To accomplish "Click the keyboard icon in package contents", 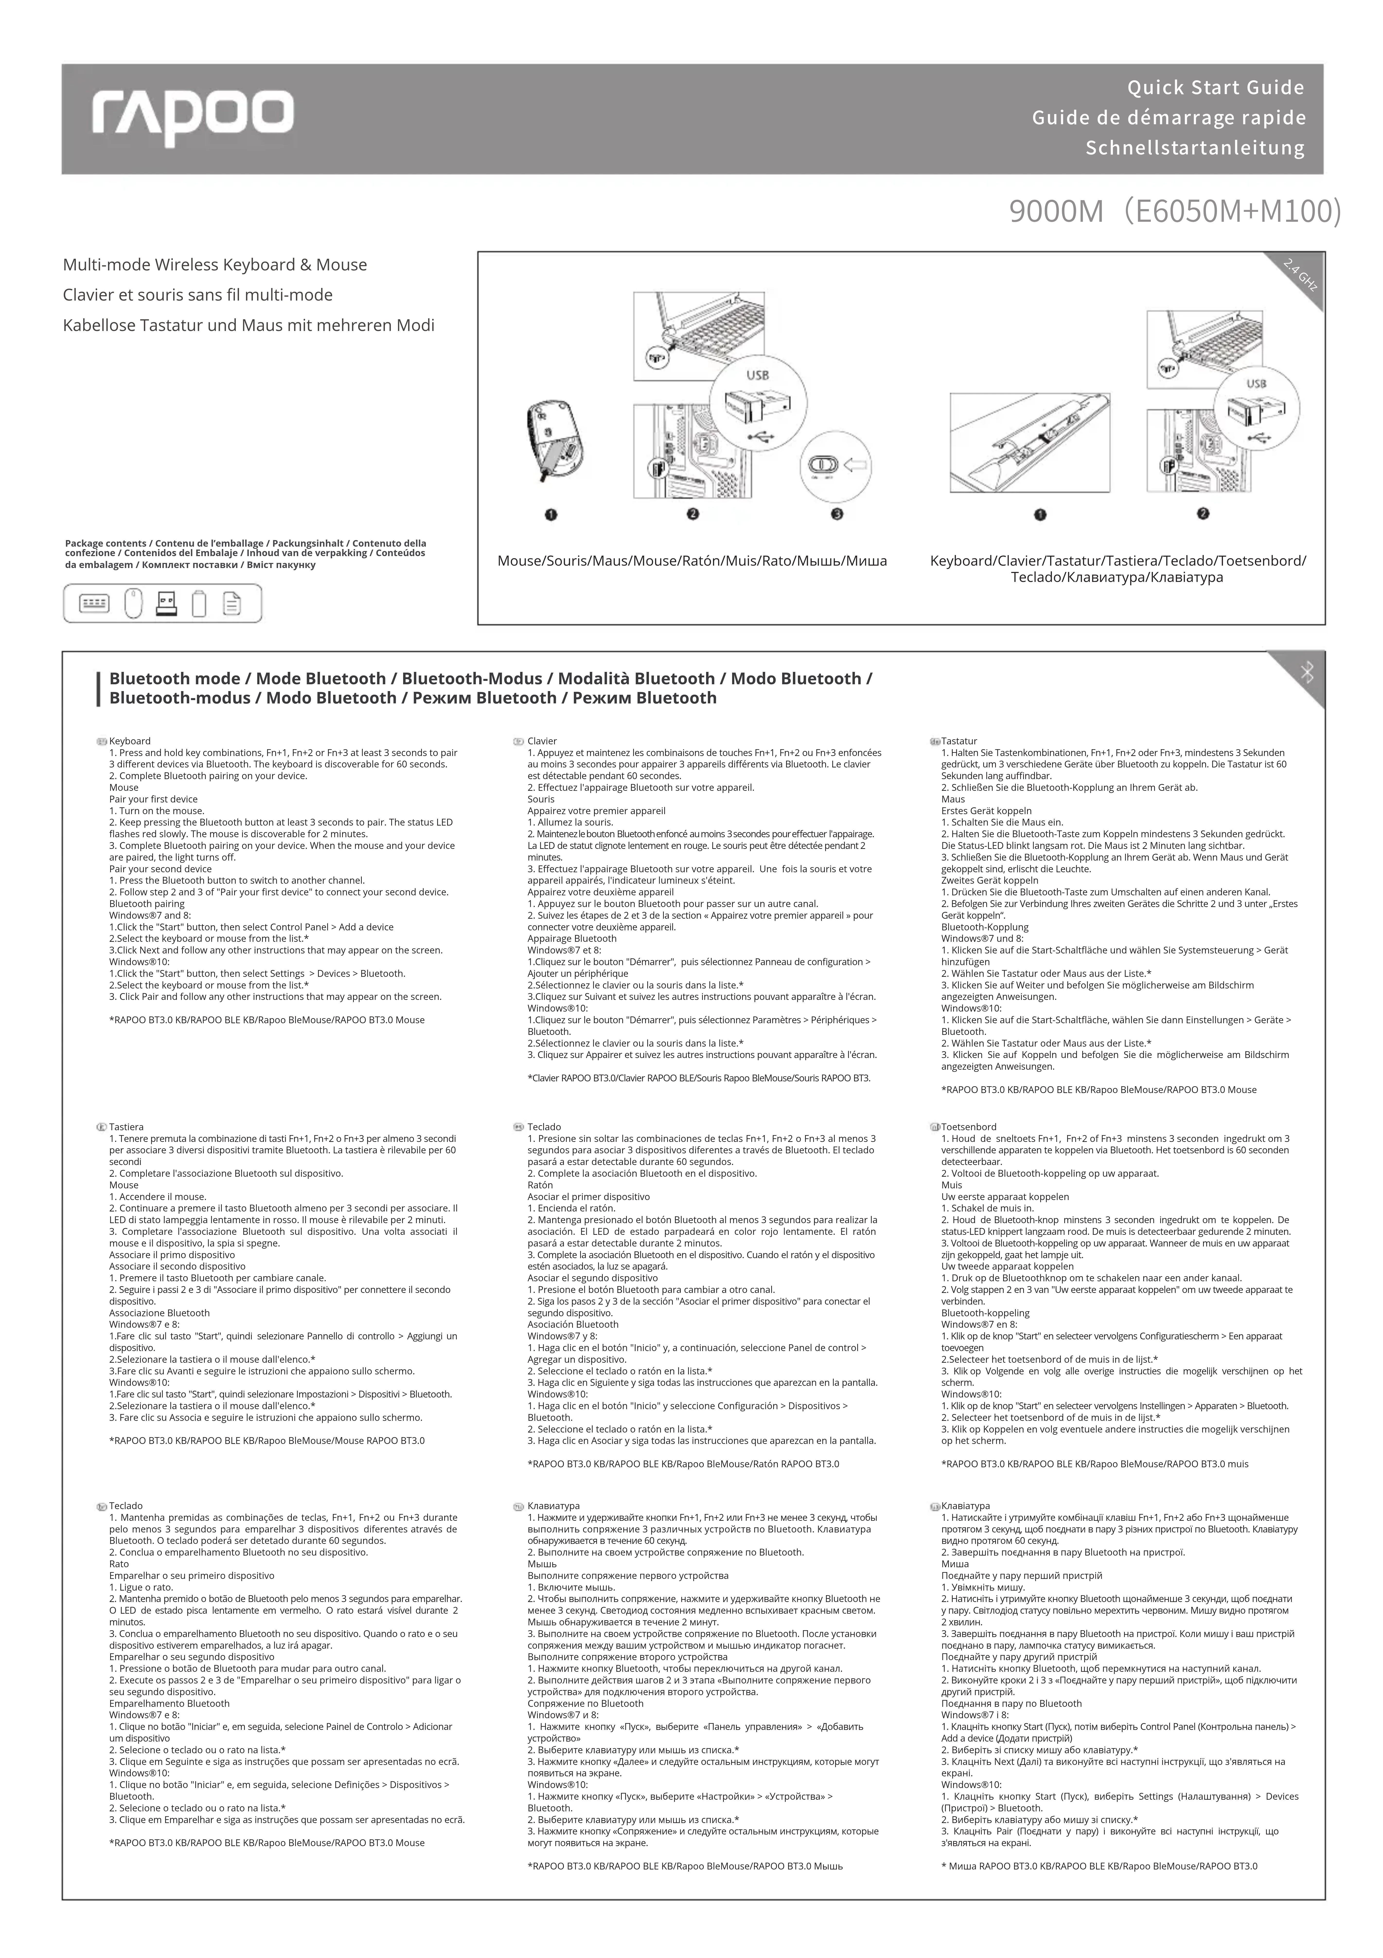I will pos(94,604).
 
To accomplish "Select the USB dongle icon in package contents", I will pos(166,604).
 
